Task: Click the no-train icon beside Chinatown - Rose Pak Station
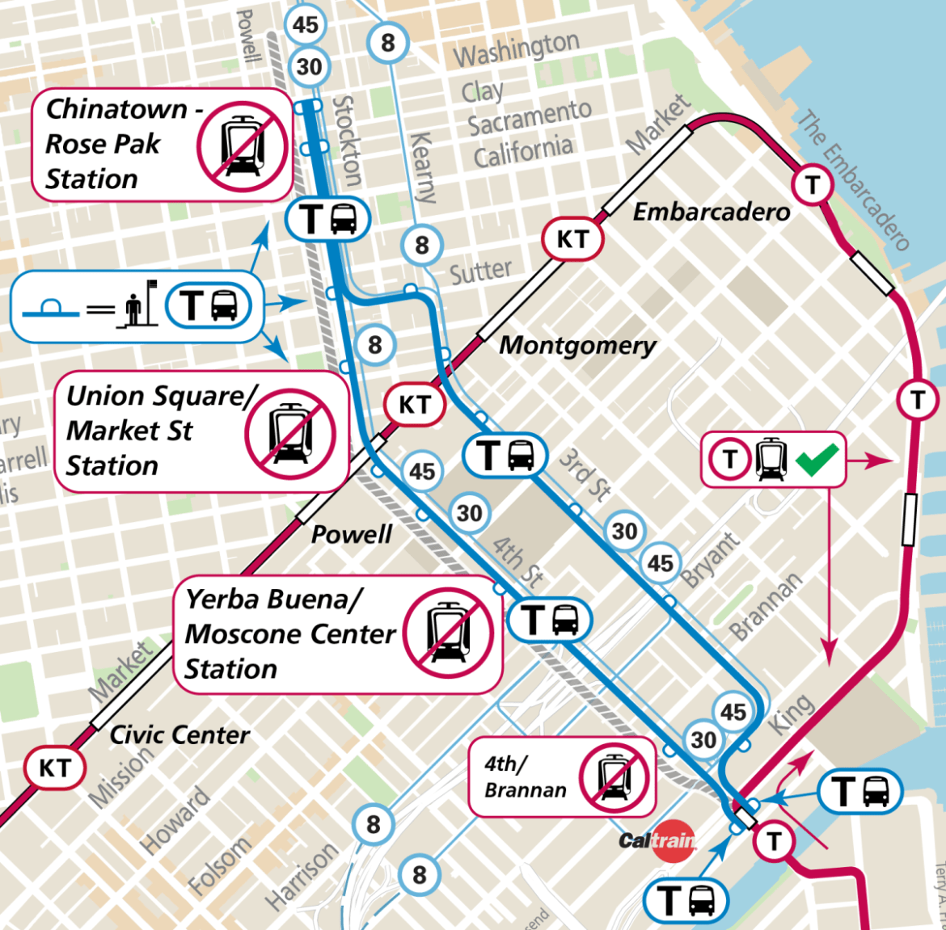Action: click(242, 146)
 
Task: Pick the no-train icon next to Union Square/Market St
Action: click(290, 432)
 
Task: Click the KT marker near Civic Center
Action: click(55, 768)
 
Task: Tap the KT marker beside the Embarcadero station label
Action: click(572, 239)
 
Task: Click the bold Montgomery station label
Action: click(577, 346)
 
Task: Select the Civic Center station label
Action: click(179, 735)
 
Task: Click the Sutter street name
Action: click(480, 272)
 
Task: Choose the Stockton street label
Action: click(347, 141)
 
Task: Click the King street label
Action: click(790, 713)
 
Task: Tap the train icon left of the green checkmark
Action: click(771, 459)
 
